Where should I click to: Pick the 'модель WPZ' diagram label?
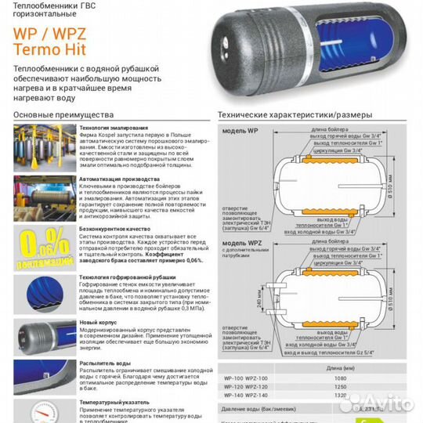240,245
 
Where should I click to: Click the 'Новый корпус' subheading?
97,323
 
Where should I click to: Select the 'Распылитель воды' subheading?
105,363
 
